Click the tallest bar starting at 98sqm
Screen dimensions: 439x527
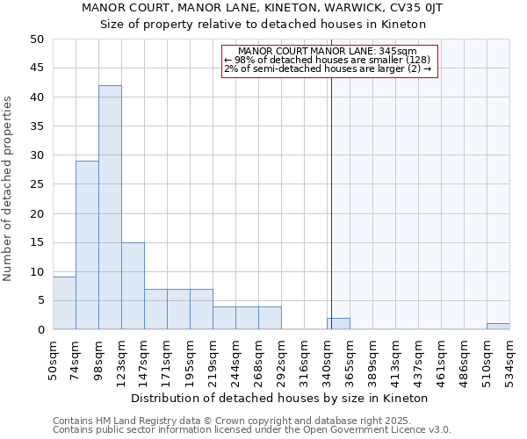click(x=110, y=207)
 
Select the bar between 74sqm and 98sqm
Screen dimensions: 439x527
click(x=87, y=245)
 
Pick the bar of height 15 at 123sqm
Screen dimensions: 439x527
click(x=133, y=286)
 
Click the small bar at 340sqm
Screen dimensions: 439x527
click(x=338, y=324)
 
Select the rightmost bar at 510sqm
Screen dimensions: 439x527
click(x=498, y=327)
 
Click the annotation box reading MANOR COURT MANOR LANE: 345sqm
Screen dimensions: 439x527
click(x=328, y=60)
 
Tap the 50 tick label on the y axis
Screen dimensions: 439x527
click(x=36, y=40)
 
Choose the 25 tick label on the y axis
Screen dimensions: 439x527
click(x=36, y=184)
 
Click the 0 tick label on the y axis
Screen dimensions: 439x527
click(x=40, y=330)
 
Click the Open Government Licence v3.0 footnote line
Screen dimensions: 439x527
click(x=251, y=430)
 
